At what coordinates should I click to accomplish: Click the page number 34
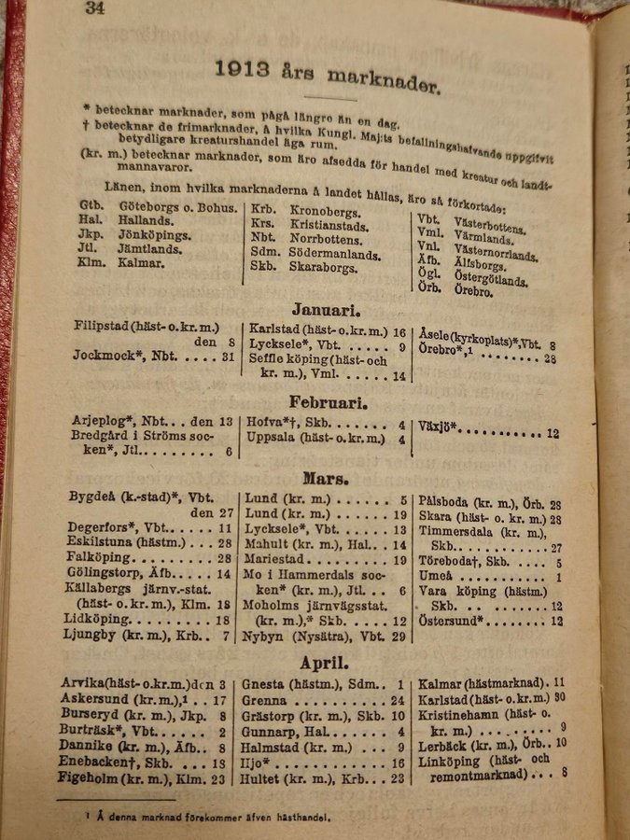93,8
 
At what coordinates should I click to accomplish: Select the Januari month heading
326,309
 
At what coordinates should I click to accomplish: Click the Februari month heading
328,404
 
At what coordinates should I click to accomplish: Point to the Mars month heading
326,479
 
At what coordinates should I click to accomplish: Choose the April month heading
324,665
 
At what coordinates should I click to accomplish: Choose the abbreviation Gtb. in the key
91,207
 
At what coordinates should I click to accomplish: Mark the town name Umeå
437,578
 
